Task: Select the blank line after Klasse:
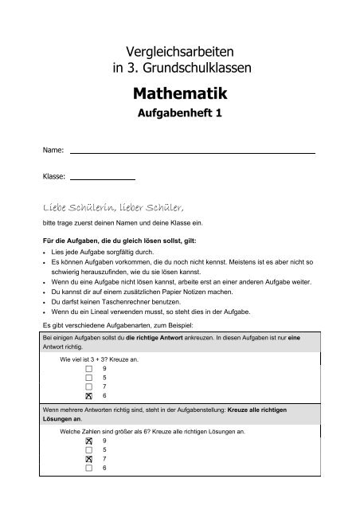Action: pos(102,180)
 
